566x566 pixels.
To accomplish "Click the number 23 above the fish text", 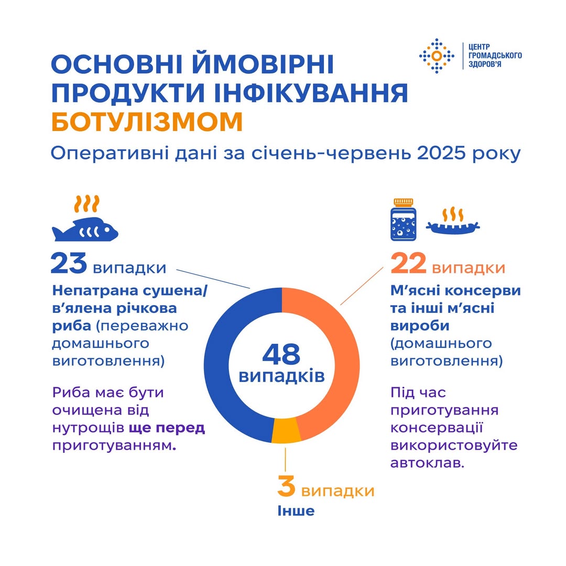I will (x=69, y=264).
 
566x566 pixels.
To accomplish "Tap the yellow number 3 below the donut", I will (x=286, y=486).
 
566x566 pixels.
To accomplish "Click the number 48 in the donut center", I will (x=281, y=354).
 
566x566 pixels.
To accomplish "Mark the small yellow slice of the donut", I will (x=286, y=431).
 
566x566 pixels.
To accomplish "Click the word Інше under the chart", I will (x=296, y=510).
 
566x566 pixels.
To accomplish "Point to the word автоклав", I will (x=427, y=463).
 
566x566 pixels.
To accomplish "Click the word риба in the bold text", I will (x=72, y=325).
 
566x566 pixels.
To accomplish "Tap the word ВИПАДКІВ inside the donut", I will (x=281, y=376).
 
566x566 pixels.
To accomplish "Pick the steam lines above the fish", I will (x=86, y=203).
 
